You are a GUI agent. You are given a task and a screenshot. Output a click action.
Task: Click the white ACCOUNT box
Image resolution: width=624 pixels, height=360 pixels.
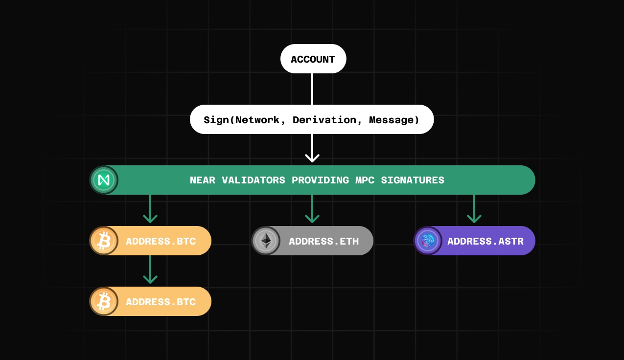click(313, 59)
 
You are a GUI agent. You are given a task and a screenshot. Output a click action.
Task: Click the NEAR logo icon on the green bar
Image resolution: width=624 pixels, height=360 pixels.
click(104, 180)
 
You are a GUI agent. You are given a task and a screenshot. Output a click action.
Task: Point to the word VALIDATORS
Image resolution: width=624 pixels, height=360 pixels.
click(254, 180)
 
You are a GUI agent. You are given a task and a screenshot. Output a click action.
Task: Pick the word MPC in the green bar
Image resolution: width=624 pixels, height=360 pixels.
click(365, 180)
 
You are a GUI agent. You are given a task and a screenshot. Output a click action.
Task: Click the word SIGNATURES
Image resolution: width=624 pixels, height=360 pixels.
click(413, 180)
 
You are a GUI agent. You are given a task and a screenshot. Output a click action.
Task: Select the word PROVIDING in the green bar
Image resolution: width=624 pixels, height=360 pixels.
click(321, 180)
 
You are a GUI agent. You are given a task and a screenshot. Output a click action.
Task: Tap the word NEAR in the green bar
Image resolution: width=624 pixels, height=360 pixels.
click(203, 180)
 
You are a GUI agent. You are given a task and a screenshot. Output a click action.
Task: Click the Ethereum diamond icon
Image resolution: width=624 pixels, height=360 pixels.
click(266, 241)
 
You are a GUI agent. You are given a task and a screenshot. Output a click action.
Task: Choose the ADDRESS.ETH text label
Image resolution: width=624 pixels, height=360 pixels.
click(324, 241)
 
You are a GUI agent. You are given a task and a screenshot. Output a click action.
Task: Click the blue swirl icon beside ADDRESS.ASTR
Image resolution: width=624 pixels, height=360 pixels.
click(428, 241)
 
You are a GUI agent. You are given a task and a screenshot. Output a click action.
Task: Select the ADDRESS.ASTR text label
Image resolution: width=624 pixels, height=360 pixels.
click(485, 241)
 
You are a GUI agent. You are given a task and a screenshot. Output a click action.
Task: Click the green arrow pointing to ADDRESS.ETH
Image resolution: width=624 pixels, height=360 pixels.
click(312, 209)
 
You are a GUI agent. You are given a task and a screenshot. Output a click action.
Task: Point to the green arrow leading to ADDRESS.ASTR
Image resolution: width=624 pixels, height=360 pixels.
click(474, 209)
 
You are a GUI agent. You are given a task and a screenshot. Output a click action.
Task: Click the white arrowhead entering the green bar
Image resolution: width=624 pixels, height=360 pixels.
click(312, 158)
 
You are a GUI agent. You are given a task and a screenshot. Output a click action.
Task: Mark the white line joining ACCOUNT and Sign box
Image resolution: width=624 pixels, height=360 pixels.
click(312, 89)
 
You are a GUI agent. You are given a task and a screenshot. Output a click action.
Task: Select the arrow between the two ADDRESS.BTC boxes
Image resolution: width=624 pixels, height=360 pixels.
click(150, 270)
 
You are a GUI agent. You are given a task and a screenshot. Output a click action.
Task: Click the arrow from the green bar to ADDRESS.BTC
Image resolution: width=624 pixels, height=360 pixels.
click(150, 209)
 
